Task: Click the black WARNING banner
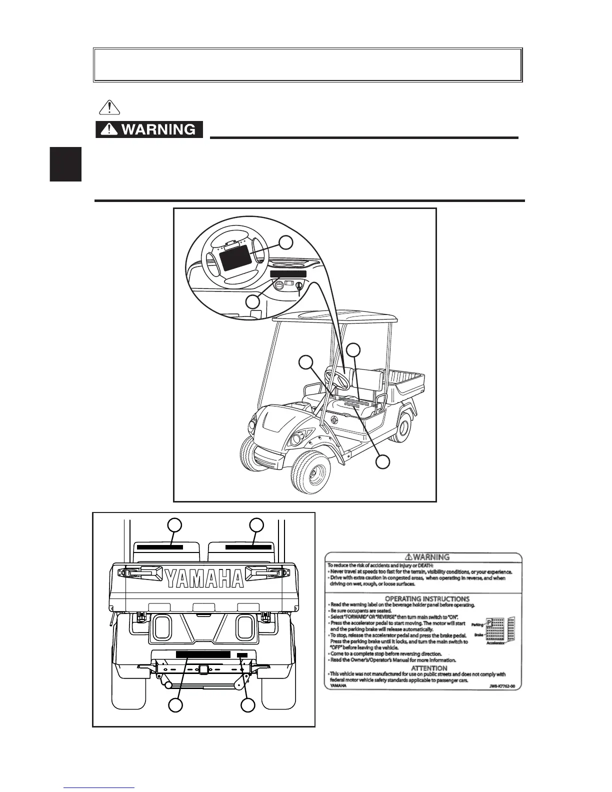click(x=149, y=129)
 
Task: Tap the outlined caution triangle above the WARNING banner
click(x=109, y=107)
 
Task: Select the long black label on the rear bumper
click(x=202, y=654)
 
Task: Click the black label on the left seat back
click(x=160, y=547)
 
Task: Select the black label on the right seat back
click(x=248, y=547)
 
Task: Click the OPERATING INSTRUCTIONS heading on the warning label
click(x=426, y=598)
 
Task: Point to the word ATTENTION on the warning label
click(x=429, y=668)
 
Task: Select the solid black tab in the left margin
click(x=66, y=164)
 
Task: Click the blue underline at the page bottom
click(x=98, y=788)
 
